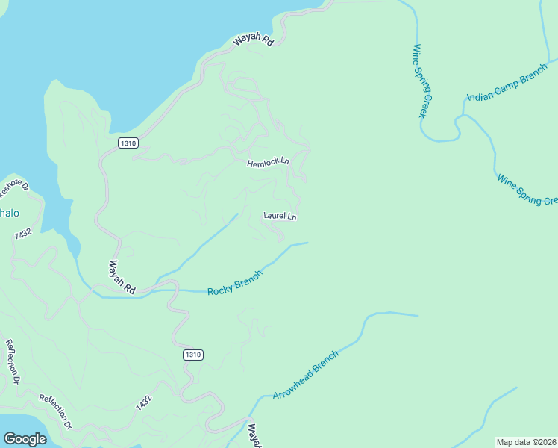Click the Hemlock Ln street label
tap(269, 162)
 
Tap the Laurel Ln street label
tap(280, 217)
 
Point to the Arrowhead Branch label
tap(305, 375)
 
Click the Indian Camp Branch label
tap(507, 87)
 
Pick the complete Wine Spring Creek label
tap(423, 81)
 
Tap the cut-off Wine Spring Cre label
tap(527, 190)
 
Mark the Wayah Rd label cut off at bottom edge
tap(254, 436)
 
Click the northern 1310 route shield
tap(128, 143)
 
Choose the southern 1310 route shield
tap(192, 355)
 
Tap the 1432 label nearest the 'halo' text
tap(24, 234)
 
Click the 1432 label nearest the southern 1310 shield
tap(144, 402)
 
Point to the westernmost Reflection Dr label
tap(12, 362)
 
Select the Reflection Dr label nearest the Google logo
tap(55, 411)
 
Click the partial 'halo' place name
tap(9, 213)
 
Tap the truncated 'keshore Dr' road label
tap(13, 189)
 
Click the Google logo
tap(25, 438)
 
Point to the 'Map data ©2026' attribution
tap(526, 442)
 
